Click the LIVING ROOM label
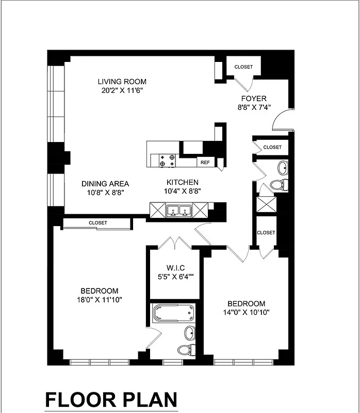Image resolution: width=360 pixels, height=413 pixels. click(x=122, y=82)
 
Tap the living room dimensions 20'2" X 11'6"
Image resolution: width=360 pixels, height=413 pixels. click(x=122, y=90)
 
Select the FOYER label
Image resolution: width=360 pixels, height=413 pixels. click(x=253, y=99)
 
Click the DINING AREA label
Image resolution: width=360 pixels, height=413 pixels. click(x=105, y=183)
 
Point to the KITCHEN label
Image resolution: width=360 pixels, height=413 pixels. click(x=182, y=182)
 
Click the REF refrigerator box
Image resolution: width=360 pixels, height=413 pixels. click(x=205, y=162)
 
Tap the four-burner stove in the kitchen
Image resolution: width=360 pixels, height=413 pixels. click(x=167, y=161)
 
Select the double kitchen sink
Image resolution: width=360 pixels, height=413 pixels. click(x=178, y=210)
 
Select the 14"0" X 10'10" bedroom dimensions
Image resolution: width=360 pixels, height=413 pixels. click(x=247, y=312)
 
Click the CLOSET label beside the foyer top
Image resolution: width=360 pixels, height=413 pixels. click(x=243, y=67)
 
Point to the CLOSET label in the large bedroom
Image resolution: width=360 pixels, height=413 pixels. click(x=97, y=223)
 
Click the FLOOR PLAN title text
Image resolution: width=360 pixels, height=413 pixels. click(x=111, y=400)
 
